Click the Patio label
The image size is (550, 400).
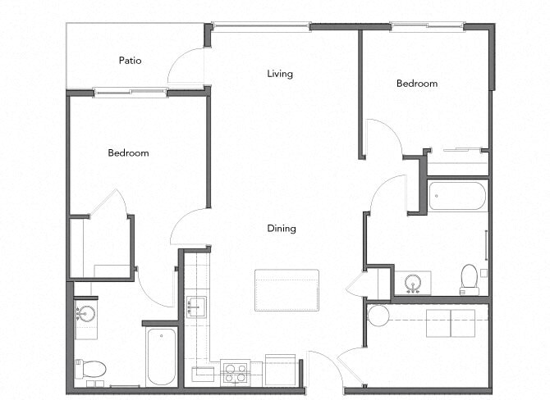pos(131,60)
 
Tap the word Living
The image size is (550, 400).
pos(280,74)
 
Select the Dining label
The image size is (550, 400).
pos(281,229)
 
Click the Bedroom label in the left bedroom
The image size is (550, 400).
pos(128,152)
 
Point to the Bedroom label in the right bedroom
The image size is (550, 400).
pos(417,83)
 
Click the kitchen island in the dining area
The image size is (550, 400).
pos(286,290)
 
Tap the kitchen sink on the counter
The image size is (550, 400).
pos(195,307)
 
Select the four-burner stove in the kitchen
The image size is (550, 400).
pos(236,373)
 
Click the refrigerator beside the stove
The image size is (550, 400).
pos(280,370)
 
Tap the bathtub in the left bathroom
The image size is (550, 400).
pos(162,357)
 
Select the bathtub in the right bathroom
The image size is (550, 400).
pos(457,197)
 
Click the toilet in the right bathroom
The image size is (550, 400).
pos(470,277)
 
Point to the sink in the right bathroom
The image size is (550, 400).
pos(413,282)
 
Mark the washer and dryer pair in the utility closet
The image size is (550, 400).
pos(450,322)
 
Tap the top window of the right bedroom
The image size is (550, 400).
pos(415,26)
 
